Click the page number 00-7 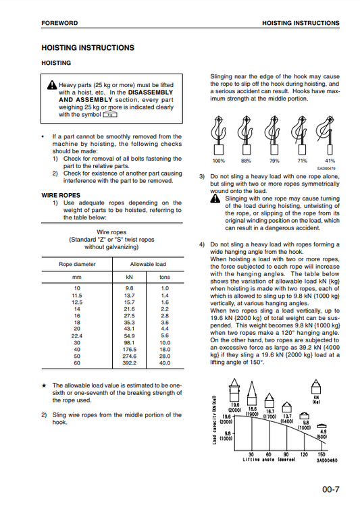click(330, 489)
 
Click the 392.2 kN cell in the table click(130, 363)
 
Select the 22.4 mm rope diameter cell click(77, 336)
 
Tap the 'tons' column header click(165, 277)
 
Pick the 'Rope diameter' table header click(77, 264)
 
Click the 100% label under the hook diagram click(219, 161)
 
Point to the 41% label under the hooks click(330, 161)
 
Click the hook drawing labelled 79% click(274, 135)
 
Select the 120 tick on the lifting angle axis click(304, 454)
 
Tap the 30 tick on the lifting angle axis click(251, 454)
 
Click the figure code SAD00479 click(326, 169)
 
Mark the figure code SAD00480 click(327, 460)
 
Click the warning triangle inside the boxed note click(52, 85)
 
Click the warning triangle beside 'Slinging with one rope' click(215, 198)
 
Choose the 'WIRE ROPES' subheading click(61, 195)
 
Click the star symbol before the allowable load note click(45, 385)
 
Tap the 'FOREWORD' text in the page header click(59, 23)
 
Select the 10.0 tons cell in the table click(165, 343)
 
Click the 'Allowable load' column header click(148, 264)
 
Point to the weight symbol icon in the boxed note click(110, 114)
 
